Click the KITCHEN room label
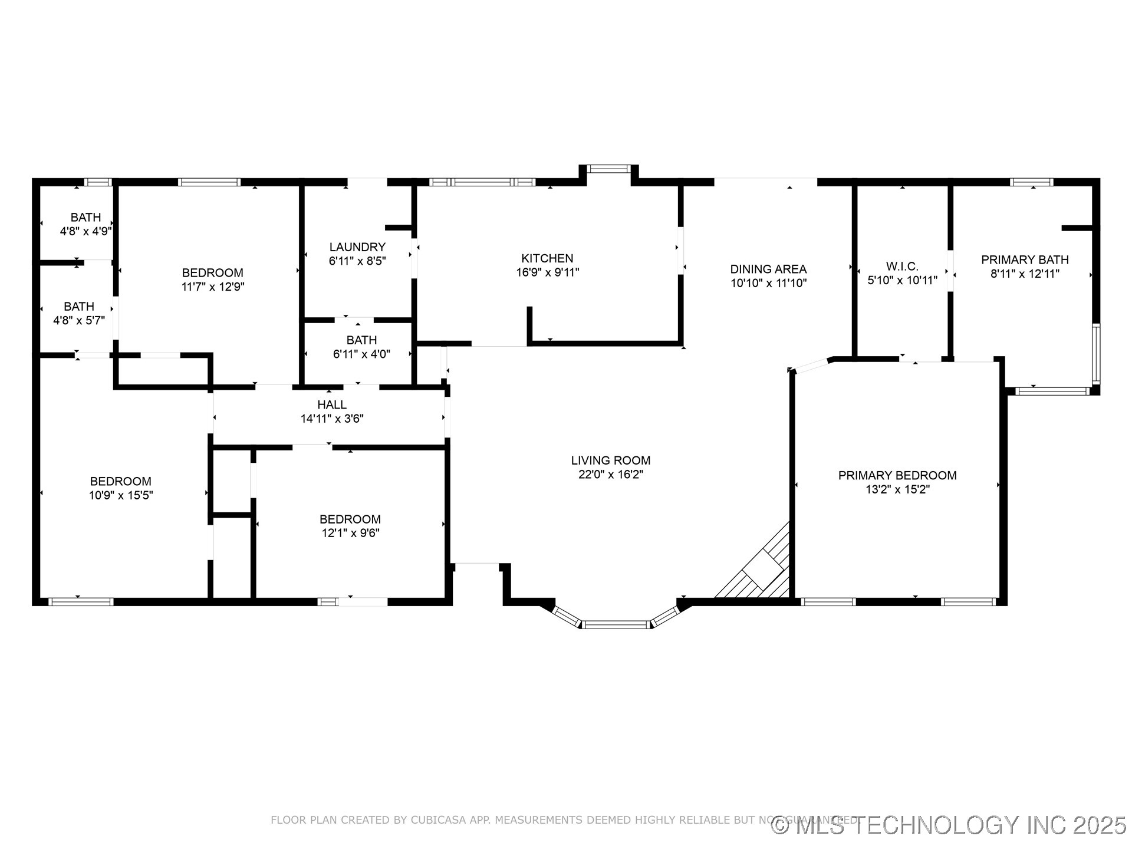tap(547, 258)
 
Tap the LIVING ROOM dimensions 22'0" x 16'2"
tap(610, 475)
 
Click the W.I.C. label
tap(902, 266)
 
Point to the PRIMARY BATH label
tap(1025, 259)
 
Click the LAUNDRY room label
tap(357, 247)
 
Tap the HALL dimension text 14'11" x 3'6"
tap(332, 419)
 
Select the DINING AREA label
tap(768, 269)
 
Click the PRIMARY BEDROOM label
tap(897, 475)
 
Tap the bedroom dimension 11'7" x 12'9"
tap(212, 287)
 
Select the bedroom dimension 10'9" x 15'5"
tap(121, 496)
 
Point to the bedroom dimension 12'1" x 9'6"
tap(350, 534)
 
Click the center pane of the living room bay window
tap(616, 624)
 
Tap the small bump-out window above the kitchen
tap(609, 169)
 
